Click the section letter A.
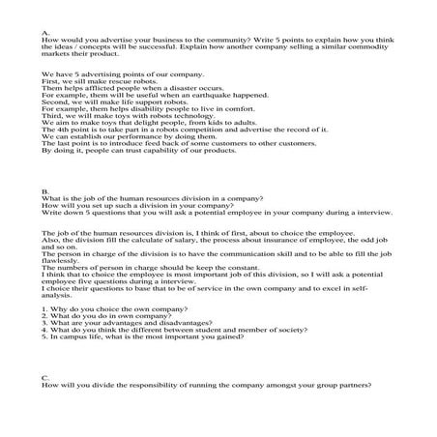(x=45, y=33)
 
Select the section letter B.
(x=45, y=192)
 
